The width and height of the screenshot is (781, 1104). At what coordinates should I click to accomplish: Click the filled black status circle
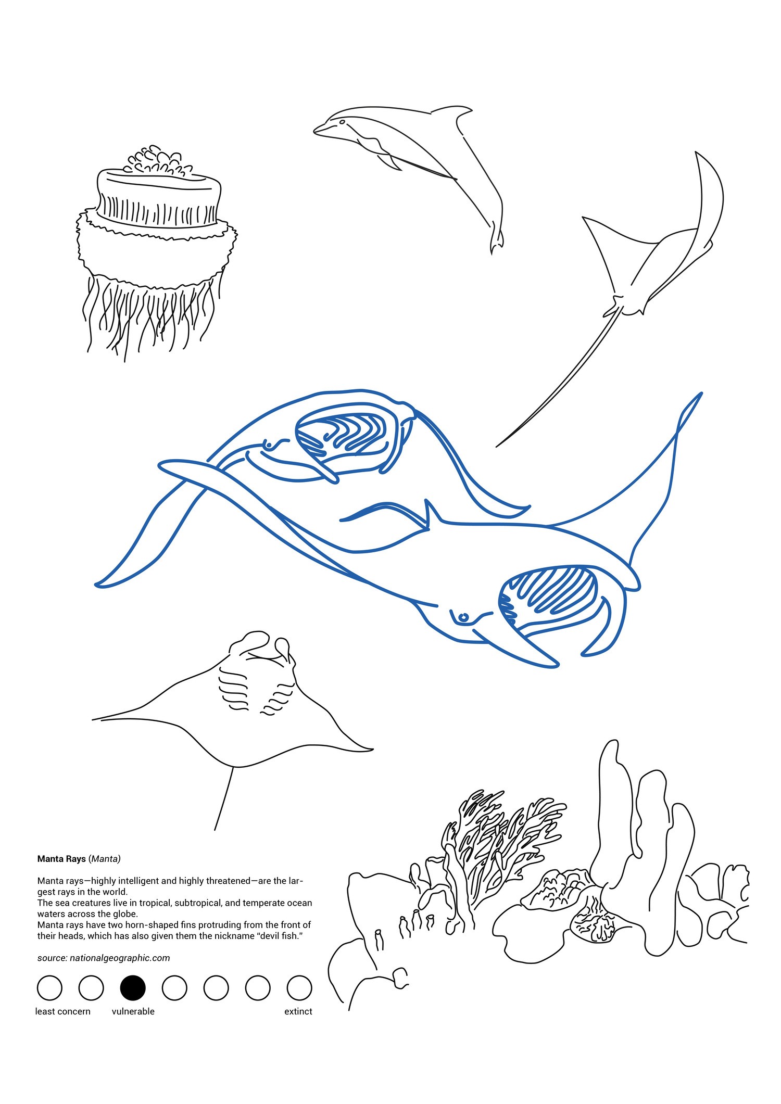(x=133, y=987)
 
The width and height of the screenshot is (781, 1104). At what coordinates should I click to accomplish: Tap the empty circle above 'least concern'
(x=49, y=987)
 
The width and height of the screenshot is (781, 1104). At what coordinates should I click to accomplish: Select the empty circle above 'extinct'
(x=299, y=987)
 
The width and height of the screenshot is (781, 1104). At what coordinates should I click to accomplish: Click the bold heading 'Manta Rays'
(x=61, y=858)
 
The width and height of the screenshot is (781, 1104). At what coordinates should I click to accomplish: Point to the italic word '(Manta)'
(x=105, y=858)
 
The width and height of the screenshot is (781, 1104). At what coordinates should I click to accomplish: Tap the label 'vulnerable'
(x=133, y=1011)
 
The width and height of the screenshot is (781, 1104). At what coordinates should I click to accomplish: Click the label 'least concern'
(x=62, y=1011)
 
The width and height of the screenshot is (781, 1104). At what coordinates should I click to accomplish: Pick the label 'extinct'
(x=298, y=1011)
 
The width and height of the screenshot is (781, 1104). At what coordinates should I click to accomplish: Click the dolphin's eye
(x=342, y=122)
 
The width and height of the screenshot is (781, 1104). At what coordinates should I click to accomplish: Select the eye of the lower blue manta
(x=463, y=618)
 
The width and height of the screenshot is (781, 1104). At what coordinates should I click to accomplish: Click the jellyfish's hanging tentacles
(x=151, y=315)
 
